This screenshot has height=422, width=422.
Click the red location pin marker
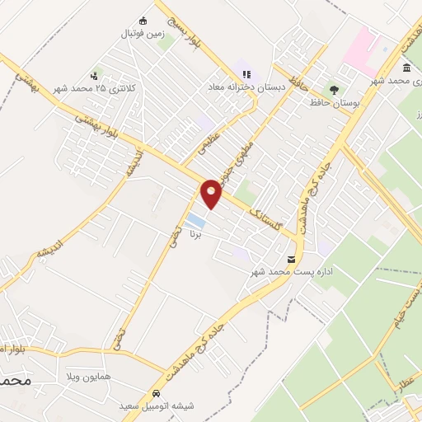coord(212,194)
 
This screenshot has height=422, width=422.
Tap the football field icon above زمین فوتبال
coord(143,21)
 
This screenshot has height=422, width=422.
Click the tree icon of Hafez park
coord(334,88)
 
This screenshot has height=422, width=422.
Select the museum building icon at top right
coord(407,68)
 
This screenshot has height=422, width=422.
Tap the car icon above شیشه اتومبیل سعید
coord(157,393)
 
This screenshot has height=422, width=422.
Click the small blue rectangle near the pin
coord(195,221)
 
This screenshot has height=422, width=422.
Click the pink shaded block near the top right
coord(363,47)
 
